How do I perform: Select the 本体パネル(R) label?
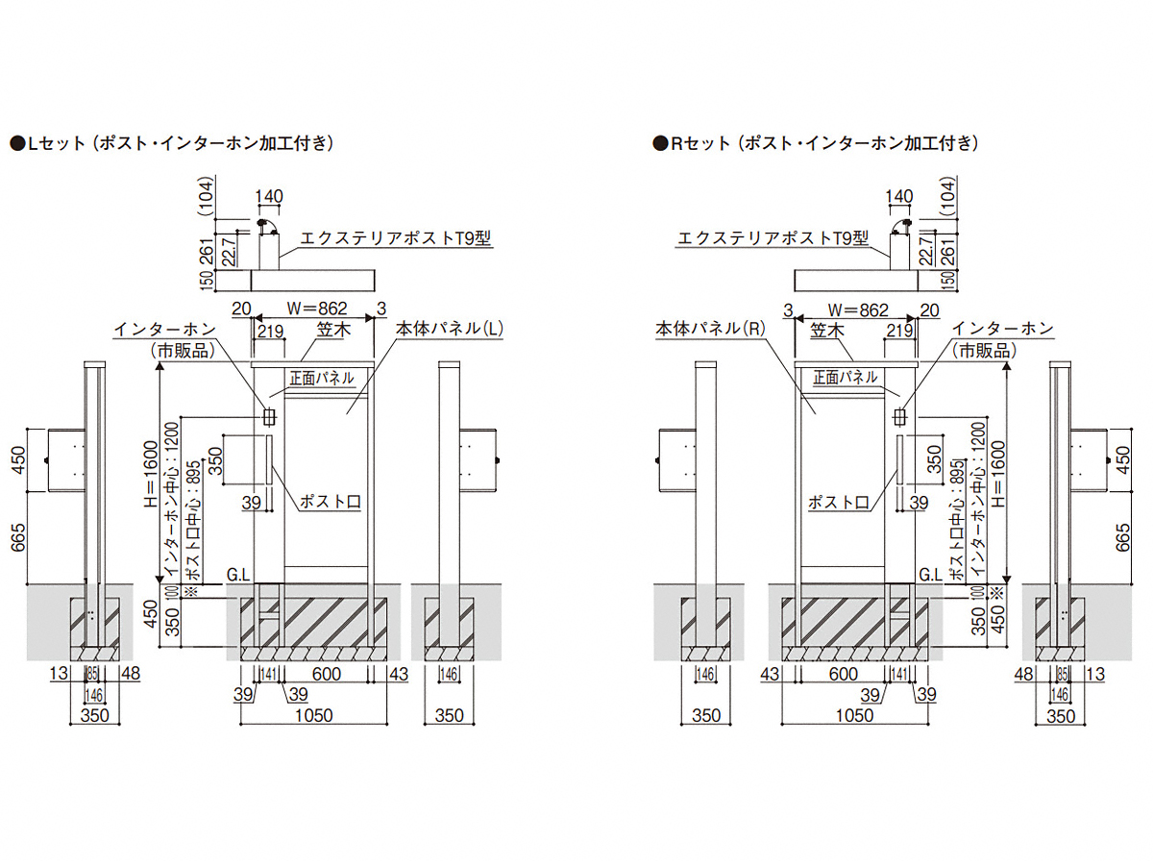pyautogui.click(x=709, y=329)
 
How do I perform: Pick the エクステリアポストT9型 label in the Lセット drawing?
pyautogui.click(x=396, y=237)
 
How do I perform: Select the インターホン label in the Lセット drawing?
pyautogui.click(x=163, y=329)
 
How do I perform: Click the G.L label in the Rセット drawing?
pyautogui.click(x=931, y=576)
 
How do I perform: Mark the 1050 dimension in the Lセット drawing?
pyautogui.click(x=313, y=715)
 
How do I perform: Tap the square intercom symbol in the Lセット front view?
pyautogui.click(x=269, y=417)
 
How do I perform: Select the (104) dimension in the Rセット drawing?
pyautogui.click(x=950, y=196)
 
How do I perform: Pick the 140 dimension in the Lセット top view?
pyautogui.click(x=269, y=196)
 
